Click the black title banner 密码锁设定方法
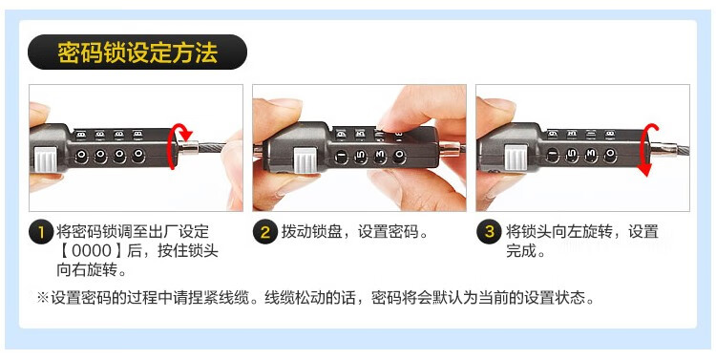(x=137, y=53)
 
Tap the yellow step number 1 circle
(x=41, y=233)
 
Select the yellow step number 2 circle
(x=265, y=233)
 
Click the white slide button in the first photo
(x=45, y=159)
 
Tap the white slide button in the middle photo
(x=305, y=159)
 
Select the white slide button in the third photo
(x=516, y=159)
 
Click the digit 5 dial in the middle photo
(x=360, y=157)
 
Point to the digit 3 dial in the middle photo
(x=379, y=157)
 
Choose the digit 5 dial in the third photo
(x=571, y=156)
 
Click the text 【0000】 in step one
(x=92, y=251)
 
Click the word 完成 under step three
(x=521, y=251)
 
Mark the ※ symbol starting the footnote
(x=42, y=298)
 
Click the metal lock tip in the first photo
(x=188, y=148)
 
